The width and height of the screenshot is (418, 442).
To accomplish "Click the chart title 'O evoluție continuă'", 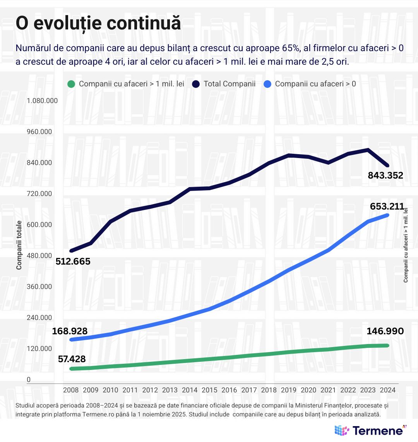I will [x=98, y=24].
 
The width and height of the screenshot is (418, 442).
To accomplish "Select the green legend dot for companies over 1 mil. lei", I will [x=71, y=84].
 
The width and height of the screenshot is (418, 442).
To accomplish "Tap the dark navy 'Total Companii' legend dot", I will [x=196, y=84].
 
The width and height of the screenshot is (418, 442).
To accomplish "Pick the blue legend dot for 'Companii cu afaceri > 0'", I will [x=267, y=84].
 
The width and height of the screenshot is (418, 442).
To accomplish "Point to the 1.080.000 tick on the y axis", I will [x=42, y=101].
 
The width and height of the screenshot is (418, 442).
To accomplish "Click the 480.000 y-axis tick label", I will [x=39, y=256].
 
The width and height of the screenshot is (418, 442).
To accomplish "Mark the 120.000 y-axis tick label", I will [x=39, y=349].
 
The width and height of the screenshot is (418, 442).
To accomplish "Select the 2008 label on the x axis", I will [x=71, y=390].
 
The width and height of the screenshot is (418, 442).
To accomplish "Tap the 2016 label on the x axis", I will [x=229, y=390].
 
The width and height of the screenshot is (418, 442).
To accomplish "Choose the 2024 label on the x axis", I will [x=388, y=390].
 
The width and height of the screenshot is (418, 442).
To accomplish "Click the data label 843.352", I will [x=385, y=175].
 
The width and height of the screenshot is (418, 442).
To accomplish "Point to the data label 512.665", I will [x=73, y=261].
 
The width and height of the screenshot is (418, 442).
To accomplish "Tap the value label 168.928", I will [x=70, y=331].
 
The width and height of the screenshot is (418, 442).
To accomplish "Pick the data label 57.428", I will [x=72, y=359].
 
